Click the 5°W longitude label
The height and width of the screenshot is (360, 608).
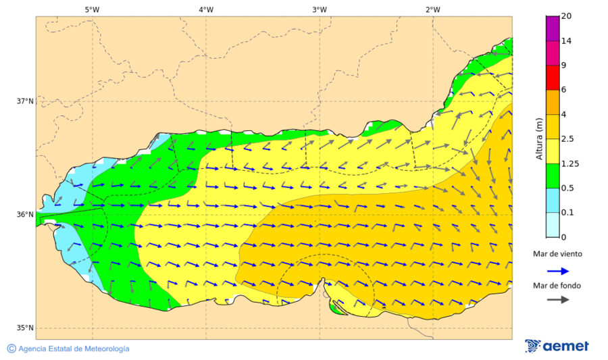click(93, 9)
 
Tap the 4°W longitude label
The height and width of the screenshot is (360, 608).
click(206, 9)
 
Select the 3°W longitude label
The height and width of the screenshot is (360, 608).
click(320, 9)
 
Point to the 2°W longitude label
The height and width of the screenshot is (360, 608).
click(433, 9)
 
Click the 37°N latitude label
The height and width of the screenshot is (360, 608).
click(25, 101)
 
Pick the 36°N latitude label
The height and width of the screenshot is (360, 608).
click(25, 215)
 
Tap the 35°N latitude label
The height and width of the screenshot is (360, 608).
click(25, 328)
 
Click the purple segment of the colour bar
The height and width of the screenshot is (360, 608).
click(552, 28)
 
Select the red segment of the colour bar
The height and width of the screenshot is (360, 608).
click(552, 77)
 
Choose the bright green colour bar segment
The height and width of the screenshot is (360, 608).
click(552, 176)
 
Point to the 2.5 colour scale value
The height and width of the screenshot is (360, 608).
click(569, 139)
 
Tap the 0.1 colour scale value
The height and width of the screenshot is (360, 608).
click(569, 213)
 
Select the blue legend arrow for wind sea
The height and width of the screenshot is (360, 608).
click(557, 270)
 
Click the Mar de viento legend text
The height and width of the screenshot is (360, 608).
click(557, 254)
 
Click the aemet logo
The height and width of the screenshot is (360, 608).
click(557, 346)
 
